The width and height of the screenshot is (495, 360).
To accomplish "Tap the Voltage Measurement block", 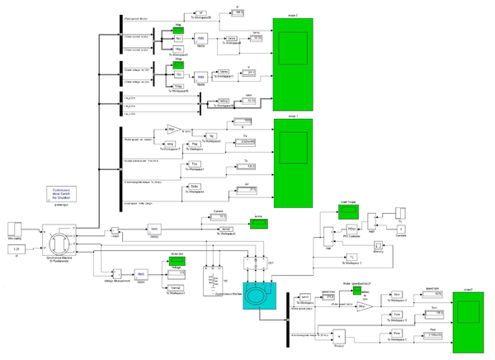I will pyautogui.click(x=117, y=272).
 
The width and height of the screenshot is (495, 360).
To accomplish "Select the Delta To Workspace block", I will pyautogui.click(x=196, y=188).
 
